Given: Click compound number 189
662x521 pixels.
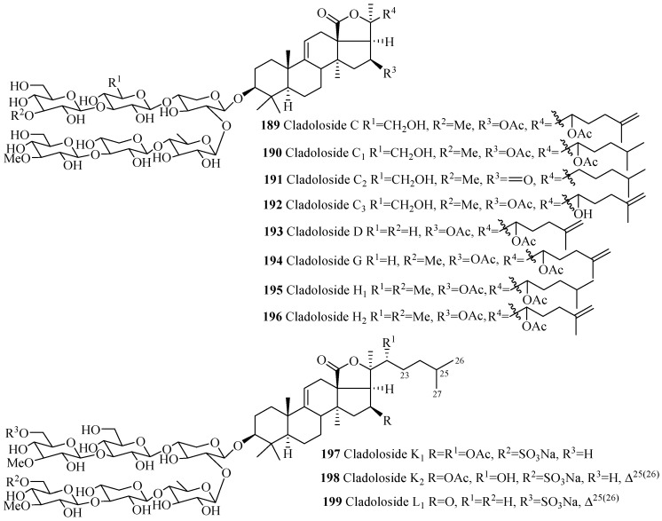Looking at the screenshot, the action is click(x=270, y=125).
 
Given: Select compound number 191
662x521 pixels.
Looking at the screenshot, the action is click(x=271, y=179).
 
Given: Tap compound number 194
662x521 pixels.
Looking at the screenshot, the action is click(x=272, y=261).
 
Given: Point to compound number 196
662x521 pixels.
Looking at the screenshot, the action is click(x=272, y=316).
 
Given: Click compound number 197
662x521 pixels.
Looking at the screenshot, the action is click(x=330, y=454).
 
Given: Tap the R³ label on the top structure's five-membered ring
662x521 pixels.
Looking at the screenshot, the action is click(x=390, y=73).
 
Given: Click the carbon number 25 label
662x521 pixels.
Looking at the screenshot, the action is click(x=443, y=374).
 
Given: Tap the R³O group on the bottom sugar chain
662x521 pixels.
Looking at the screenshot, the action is click(x=17, y=433).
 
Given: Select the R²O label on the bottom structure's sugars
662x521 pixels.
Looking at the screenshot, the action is click(x=17, y=480).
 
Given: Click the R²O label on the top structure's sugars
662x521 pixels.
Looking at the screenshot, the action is click(x=21, y=114).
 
